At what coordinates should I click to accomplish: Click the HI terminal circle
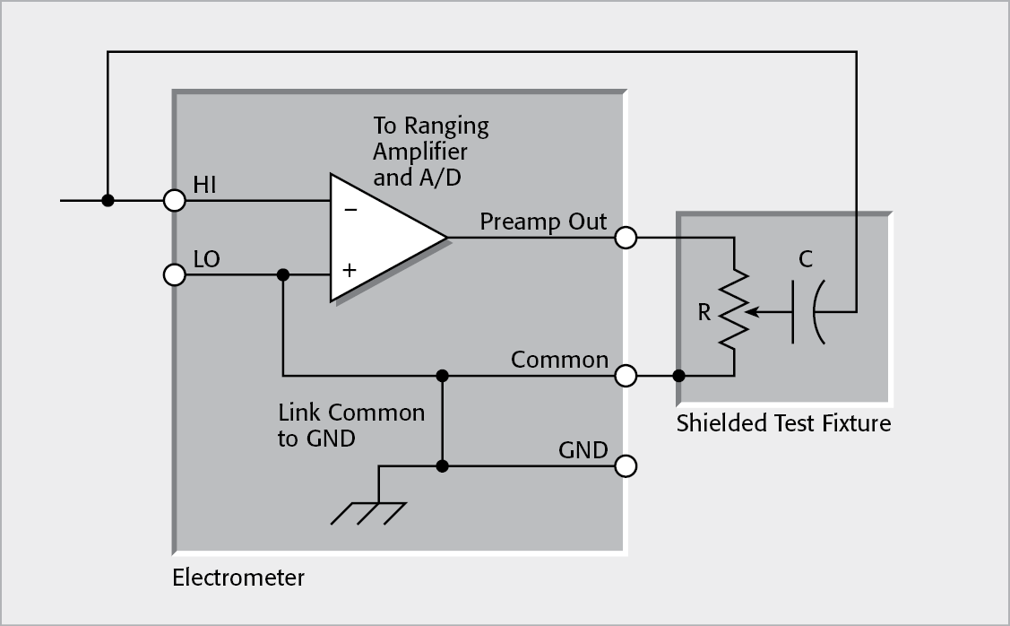coord(175,201)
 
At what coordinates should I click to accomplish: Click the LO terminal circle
coord(175,274)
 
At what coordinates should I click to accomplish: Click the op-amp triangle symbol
coord(381,238)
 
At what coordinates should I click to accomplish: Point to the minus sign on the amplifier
coord(350,210)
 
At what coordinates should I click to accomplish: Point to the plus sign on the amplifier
coord(350,268)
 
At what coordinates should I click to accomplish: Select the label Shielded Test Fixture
coord(783,423)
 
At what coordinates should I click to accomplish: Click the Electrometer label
coord(238,578)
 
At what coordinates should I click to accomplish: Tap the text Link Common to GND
coord(351,426)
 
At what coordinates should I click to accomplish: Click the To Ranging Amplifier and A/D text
coord(430,151)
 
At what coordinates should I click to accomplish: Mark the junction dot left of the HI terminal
coord(108,201)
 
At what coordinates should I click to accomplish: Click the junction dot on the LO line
coord(283,274)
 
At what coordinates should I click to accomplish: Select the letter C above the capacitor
coord(806,260)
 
